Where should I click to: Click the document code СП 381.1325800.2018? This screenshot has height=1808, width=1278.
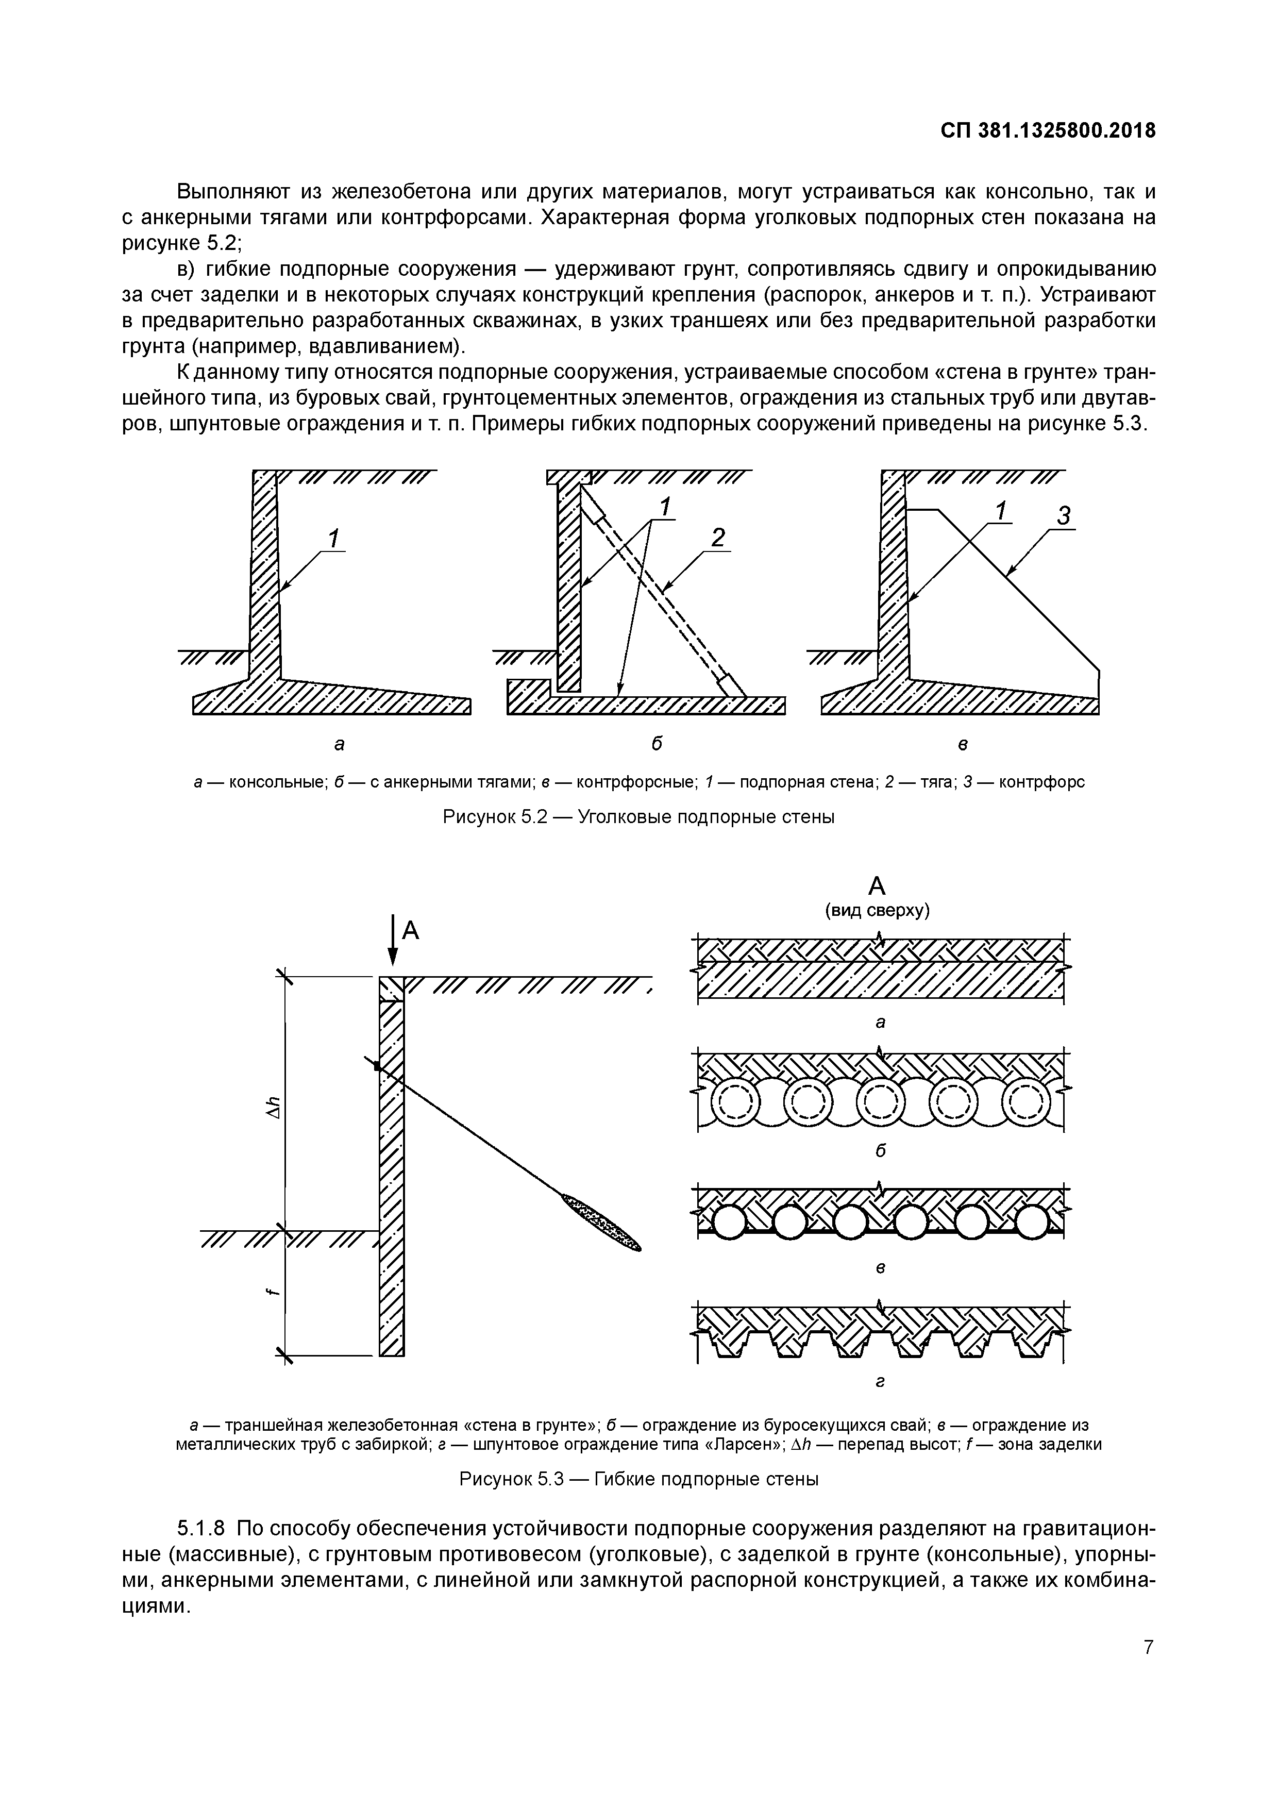pyautogui.click(x=1048, y=131)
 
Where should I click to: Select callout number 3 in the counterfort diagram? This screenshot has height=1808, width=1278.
pyautogui.click(x=1064, y=516)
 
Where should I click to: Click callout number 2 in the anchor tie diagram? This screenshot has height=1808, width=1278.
pyautogui.click(x=717, y=539)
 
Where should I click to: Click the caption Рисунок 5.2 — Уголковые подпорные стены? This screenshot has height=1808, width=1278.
pyautogui.click(x=638, y=817)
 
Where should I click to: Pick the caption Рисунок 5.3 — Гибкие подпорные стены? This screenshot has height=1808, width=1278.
pyautogui.click(x=638, y=1480)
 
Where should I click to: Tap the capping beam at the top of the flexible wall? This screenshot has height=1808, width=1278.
pyautogui.click(x=391, y=989)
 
